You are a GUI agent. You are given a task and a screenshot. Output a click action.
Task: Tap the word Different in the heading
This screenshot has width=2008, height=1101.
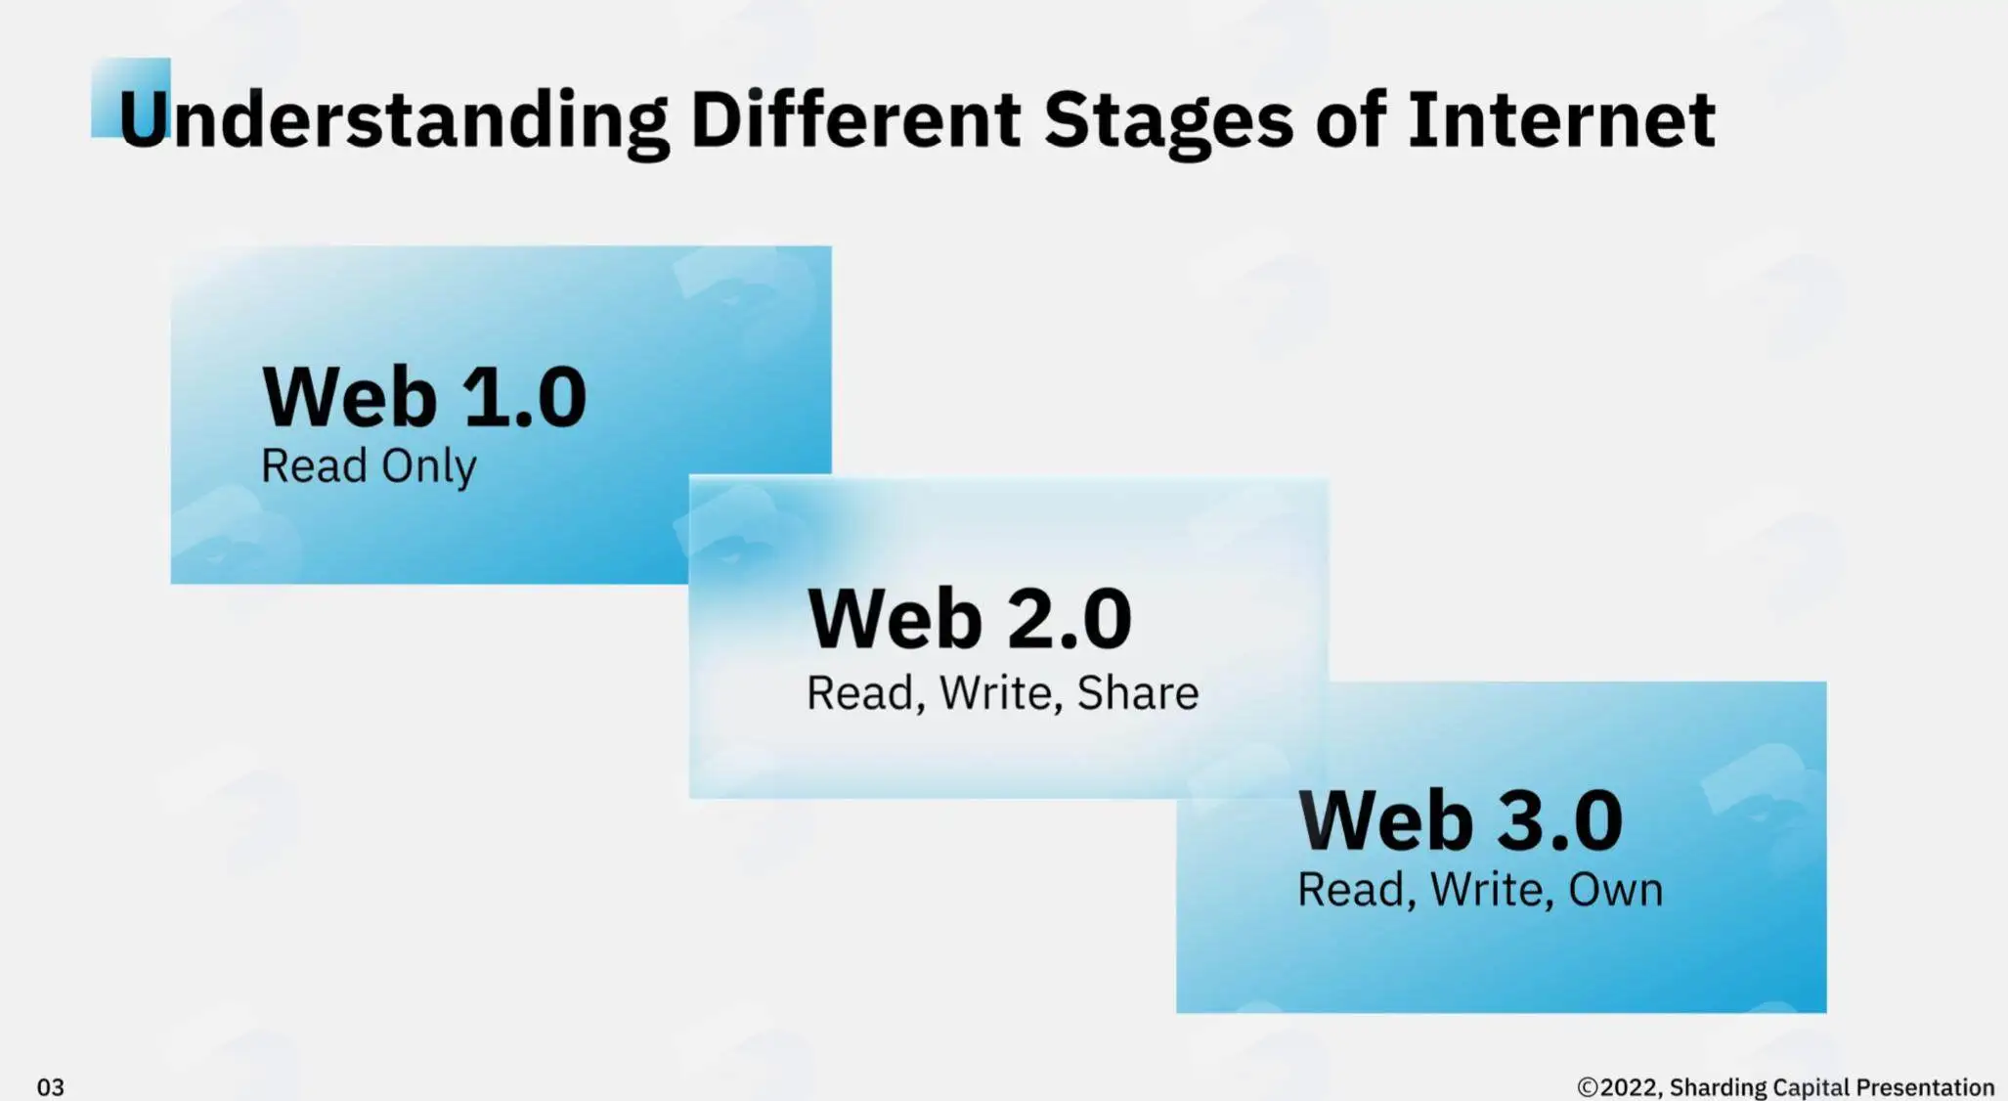click(x=855, y=119)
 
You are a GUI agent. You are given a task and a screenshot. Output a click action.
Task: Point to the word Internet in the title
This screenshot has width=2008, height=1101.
click(x=1561, y=119)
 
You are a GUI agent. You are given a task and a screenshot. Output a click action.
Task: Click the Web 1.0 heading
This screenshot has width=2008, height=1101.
click(x=424, y=396)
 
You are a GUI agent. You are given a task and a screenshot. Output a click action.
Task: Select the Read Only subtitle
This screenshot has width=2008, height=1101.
click(x=369, y=466)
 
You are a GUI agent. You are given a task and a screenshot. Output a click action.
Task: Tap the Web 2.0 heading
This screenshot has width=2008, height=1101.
click(x=970, y=618)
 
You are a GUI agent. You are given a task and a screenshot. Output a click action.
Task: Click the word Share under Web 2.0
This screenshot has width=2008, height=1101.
click(x=1138, y=693)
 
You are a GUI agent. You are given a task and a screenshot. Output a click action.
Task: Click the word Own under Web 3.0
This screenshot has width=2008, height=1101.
click(x=1615, y=890)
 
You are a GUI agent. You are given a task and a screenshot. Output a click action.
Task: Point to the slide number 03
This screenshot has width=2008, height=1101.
click(x=51, y=1087)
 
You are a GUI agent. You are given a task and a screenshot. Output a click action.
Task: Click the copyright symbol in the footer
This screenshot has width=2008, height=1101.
click(x=1588, y=1087)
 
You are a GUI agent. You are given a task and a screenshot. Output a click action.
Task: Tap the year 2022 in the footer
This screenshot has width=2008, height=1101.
click(x=1629, y=1087)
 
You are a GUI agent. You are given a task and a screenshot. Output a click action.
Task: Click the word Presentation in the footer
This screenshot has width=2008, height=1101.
click(x=1925, y=1087)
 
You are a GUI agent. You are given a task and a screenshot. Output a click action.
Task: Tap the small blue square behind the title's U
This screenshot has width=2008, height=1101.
click(x=130, y=98)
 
